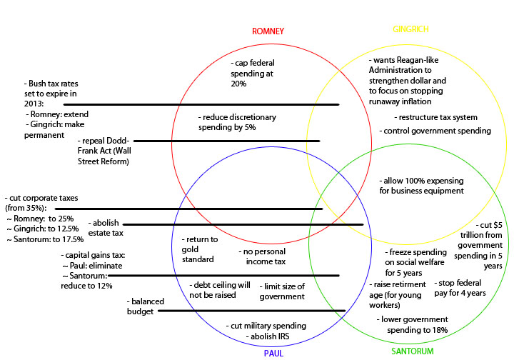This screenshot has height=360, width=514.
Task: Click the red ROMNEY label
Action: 268,31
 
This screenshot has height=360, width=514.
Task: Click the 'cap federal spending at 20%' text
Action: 253,74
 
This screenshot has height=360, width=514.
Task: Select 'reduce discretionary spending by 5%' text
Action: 237,121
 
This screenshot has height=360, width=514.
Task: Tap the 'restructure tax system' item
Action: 435,117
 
